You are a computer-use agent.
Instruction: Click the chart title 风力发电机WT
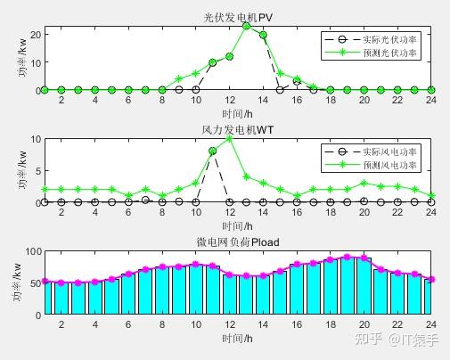(238, 130)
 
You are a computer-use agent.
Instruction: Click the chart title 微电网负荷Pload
(238, 242)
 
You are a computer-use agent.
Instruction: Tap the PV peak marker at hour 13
(247, 26)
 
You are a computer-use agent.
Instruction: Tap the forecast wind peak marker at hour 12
(230, 138)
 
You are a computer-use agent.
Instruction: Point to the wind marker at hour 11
(213, 151)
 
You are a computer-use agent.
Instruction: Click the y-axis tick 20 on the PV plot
(33, 34)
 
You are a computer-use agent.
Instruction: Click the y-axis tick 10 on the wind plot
(33, 138)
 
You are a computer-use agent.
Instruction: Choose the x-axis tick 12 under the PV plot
(230, 101)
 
